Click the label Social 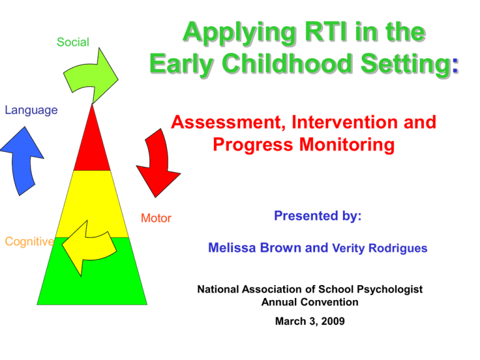pyautogui.click(x=72, y=42)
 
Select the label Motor pyautogui.click(x=156, y=218)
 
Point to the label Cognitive pyautogui.click(x=29, y=241)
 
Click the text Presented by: pyautogui.click(x=317, y=216)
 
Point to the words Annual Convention pyautogui.click(x=309, y=302)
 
